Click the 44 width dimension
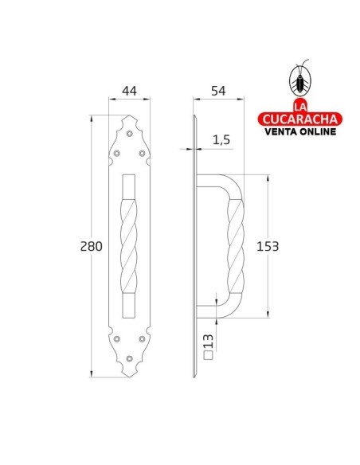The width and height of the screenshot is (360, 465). (130, 92)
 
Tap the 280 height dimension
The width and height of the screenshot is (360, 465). (92, 247)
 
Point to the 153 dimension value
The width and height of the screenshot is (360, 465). (267, 246)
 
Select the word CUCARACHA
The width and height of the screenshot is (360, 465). (301, 119)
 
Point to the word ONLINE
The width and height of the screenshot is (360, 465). (321, 132)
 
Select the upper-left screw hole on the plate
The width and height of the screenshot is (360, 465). (118, 153)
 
